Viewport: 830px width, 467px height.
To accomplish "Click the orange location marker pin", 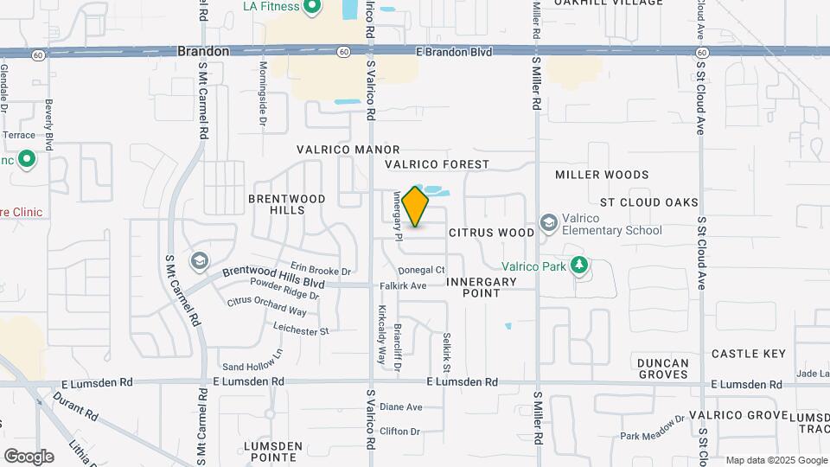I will [x=416, y=207].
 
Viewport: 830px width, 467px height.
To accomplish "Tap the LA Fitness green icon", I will [x=312, y=8].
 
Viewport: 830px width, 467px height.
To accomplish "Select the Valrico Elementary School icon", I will [x=548, y=224].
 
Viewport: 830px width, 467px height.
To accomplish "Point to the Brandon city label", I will [x=203, y=51].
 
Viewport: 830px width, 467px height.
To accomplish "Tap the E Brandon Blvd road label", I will [x=454, y=52].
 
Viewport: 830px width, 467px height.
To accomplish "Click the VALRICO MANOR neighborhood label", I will [x=348, y=150].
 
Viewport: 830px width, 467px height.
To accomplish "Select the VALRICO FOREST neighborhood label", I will [x=437, y=164].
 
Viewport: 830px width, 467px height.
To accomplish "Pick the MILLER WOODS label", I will [x=602, y=175].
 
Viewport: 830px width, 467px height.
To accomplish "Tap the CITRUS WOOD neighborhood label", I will [x=492, y=233].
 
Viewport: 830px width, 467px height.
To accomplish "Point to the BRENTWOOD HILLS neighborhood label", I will [x=287, y=204].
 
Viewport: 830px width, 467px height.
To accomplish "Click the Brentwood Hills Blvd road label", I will [x=273, y=277].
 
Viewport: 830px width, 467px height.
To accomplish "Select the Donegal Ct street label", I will [x=422, y=270].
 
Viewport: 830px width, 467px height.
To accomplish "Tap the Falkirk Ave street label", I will [x=403, y=285].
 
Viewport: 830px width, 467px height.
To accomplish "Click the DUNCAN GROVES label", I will [x=663, y=368].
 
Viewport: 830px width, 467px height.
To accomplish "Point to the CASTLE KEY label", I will [x=749, y=354].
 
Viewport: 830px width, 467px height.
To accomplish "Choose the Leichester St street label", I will [x=301, y=330].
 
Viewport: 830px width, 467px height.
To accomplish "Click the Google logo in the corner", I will [x=28, y=456].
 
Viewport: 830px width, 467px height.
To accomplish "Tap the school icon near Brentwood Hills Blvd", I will [x=200, y=261].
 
